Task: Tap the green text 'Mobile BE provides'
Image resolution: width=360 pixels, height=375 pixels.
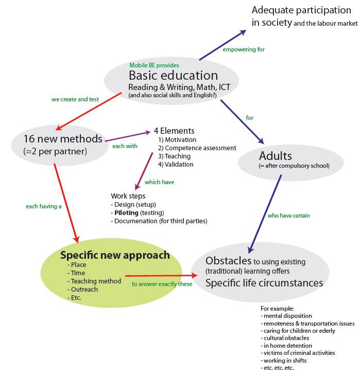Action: [154, 65]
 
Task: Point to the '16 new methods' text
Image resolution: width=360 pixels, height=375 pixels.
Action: [63, 139]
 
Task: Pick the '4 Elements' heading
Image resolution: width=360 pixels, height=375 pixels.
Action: [174, 131]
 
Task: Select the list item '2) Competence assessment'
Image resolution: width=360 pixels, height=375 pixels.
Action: [197, 148]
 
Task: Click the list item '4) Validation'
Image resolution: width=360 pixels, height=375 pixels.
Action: [176, 165]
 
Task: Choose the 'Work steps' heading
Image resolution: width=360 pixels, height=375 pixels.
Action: [128, 196]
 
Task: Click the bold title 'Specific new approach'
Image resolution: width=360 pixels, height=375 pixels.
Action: [115, 255]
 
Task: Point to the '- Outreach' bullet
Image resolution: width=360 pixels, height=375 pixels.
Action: [84, 289]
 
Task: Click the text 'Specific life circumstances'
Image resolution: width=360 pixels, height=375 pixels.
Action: [264, 283]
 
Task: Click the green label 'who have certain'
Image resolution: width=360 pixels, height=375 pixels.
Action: [288, 216]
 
